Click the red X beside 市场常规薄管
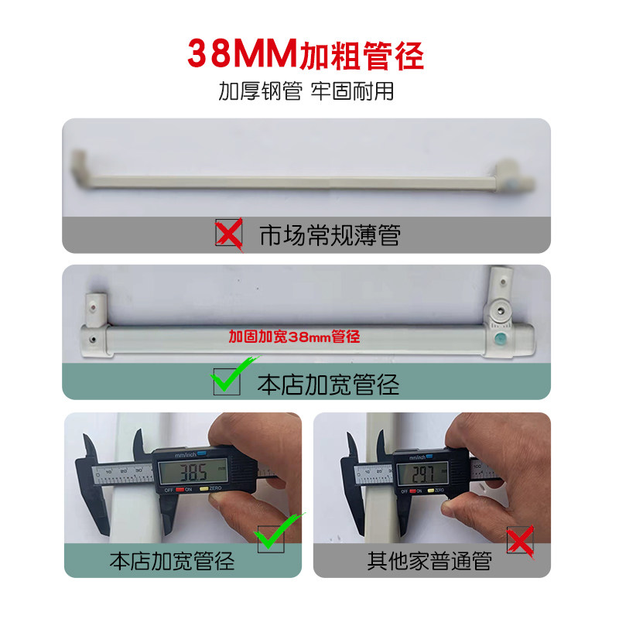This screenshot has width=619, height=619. (x=228, y=233)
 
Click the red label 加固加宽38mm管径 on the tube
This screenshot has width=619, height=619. (x=295, y=337)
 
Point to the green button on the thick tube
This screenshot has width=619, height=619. (x=501, y=339)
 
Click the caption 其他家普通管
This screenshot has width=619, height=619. (x=429, y=560)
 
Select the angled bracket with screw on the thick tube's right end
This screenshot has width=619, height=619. (x=501, y=309)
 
